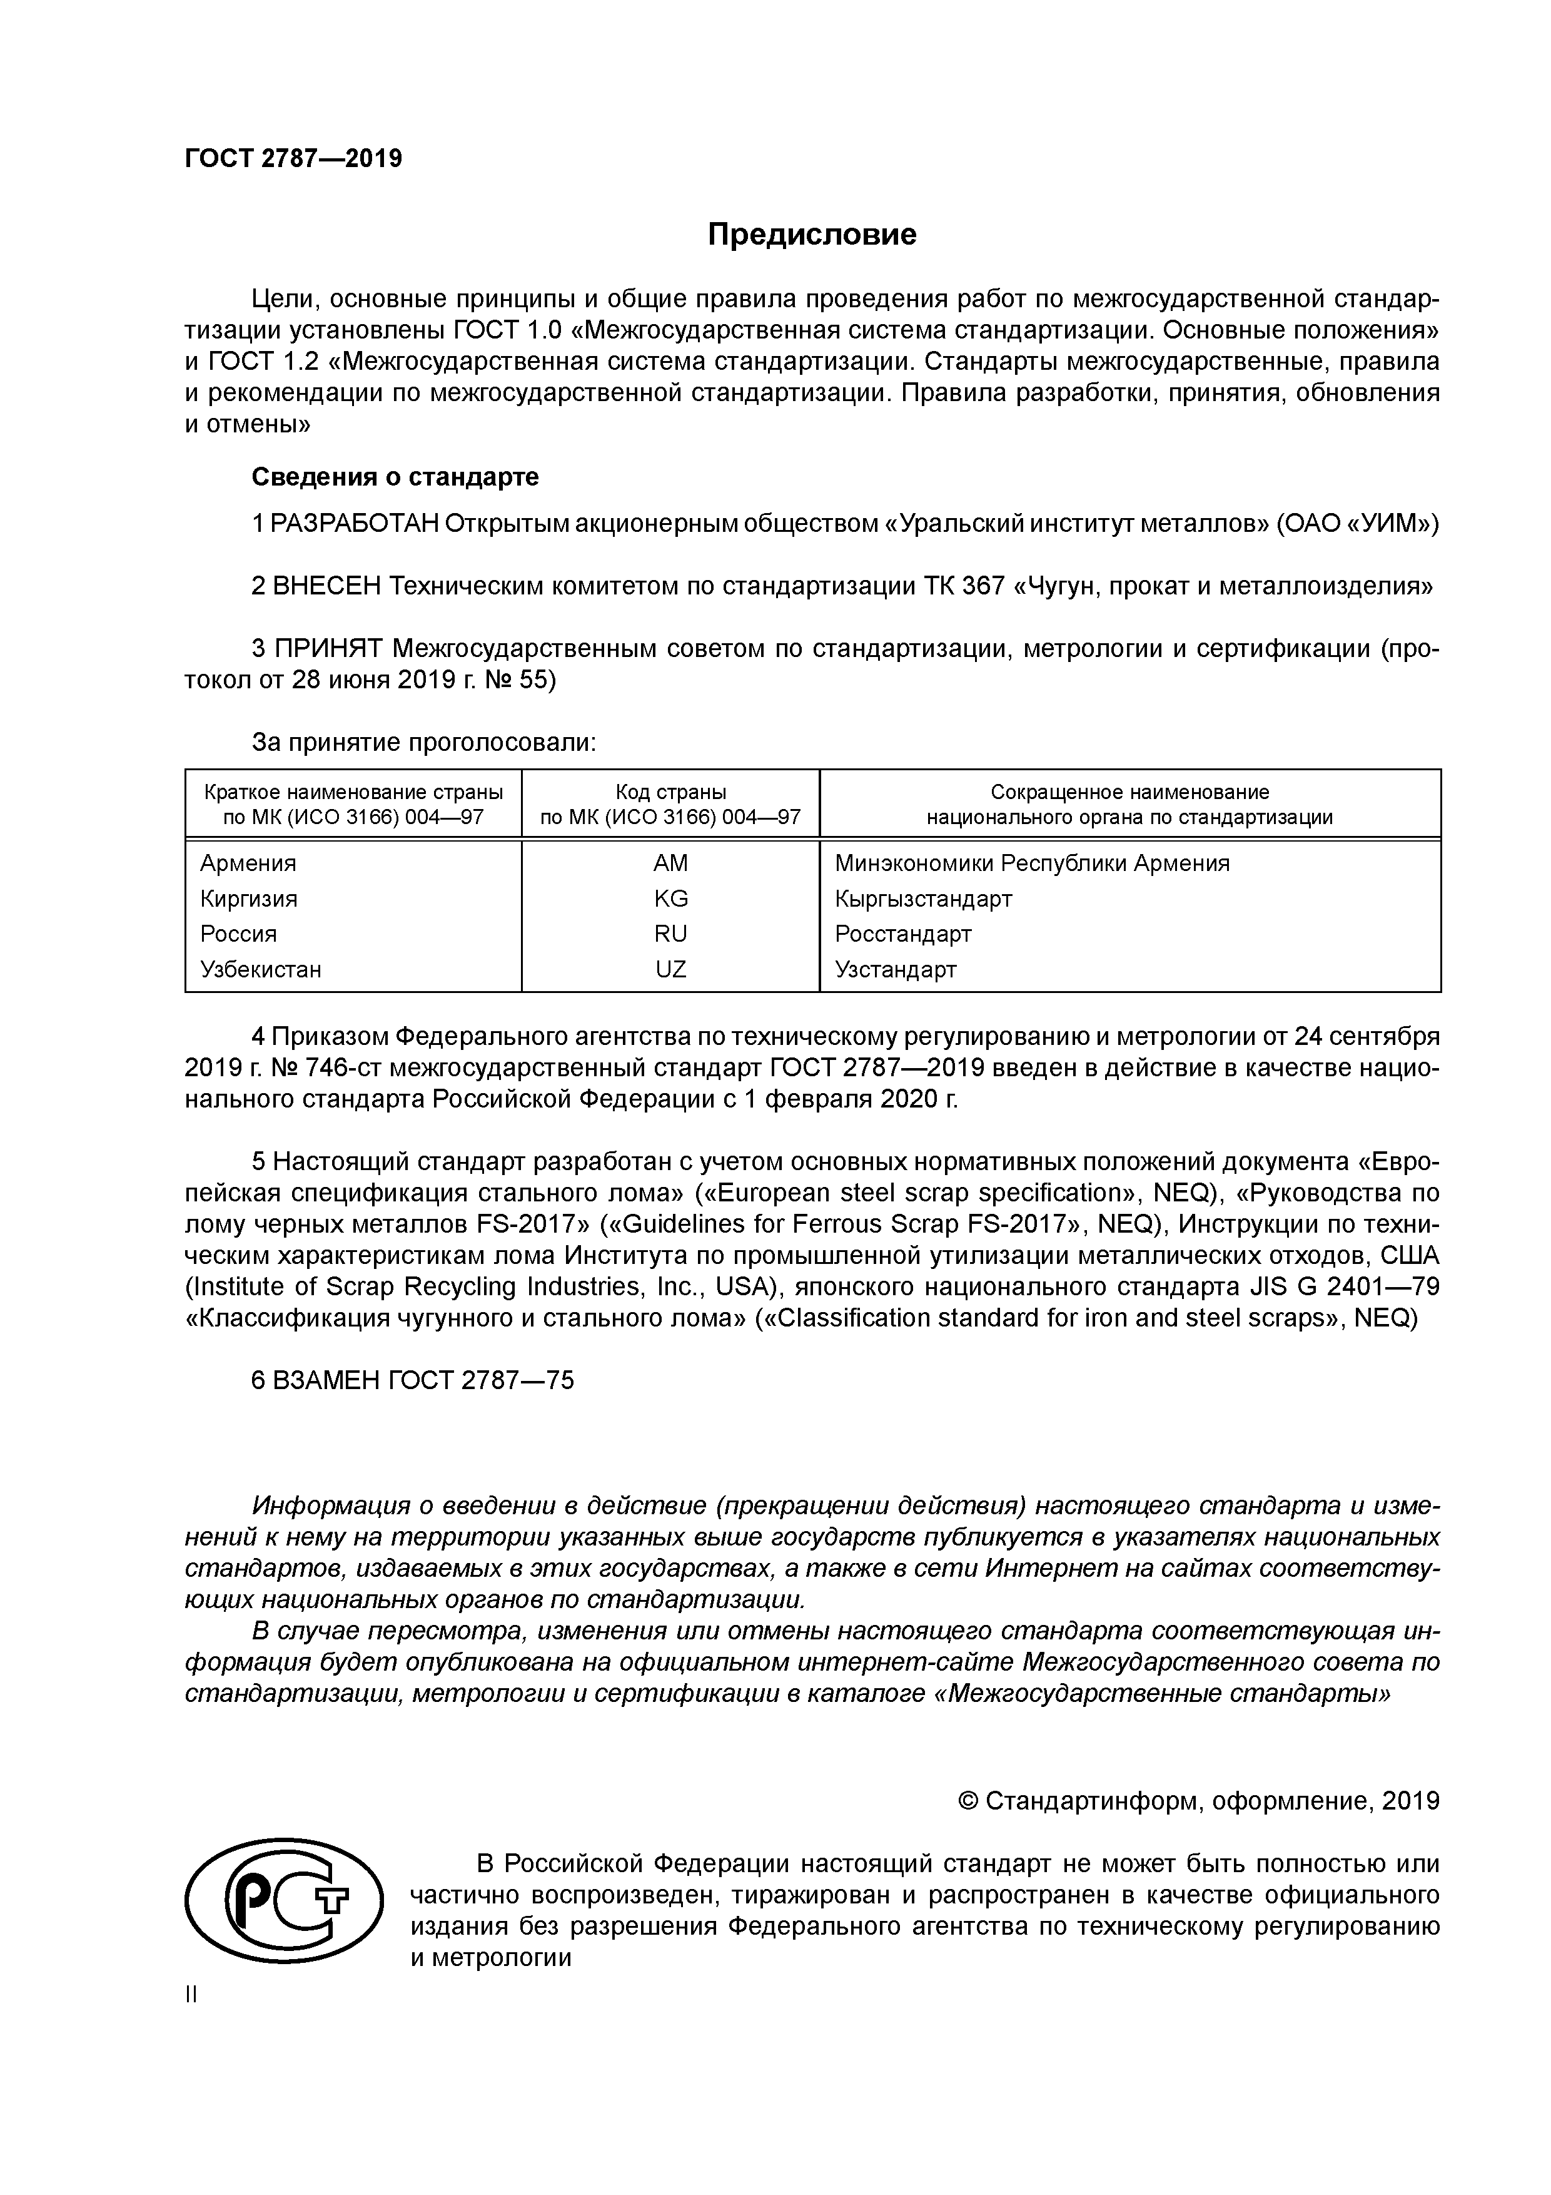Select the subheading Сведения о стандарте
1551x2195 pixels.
(x=395, y=476)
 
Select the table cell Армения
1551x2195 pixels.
(x=248, y=863)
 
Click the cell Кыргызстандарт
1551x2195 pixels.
(x=922, y=899)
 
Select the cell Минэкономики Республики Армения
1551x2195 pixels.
(x=1031, y=863)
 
